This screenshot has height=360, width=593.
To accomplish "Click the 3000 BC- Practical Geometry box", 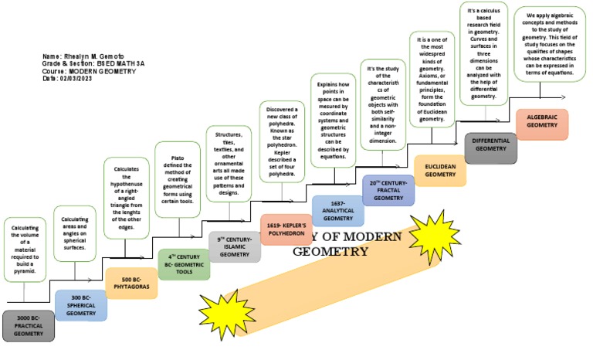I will click(29, 326).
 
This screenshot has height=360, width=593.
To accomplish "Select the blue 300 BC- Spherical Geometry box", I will click(80, 305).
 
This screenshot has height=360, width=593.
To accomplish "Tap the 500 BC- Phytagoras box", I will click(131, 283).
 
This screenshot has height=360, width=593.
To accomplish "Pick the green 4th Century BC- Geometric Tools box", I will click(184, 263).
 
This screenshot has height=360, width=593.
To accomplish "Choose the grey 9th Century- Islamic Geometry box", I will click(235, 246).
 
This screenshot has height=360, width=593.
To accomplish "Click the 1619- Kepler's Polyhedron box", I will click(286, 229).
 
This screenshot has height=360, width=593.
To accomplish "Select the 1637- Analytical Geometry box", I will click(338, 211).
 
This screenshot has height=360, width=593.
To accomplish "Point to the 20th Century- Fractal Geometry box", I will click(388, 190).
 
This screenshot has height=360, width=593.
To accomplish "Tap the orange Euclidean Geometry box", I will click(440, 170).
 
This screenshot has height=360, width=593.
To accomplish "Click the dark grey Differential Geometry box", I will click(491, 148).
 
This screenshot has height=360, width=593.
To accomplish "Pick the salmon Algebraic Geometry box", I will click(542, 124).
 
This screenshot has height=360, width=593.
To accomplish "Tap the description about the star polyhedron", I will click(282, 143).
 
